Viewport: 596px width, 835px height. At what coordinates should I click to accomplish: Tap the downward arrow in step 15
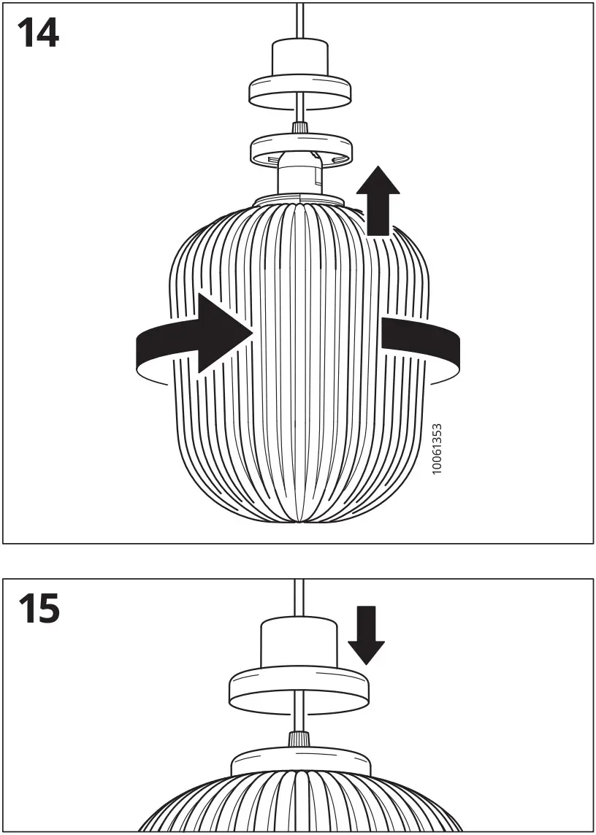(x=365, y=634)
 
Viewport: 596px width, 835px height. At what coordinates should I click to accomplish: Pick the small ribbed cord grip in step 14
(x=299, y=128)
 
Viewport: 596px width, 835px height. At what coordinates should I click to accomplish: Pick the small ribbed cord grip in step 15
(x=299, y=739)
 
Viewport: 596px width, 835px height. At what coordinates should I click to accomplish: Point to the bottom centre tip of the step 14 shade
(x=299, y=522)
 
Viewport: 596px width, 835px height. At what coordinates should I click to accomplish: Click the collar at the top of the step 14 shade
(x=299, y=199)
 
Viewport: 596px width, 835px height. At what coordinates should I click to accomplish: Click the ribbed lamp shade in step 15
(x=299, y=810)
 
